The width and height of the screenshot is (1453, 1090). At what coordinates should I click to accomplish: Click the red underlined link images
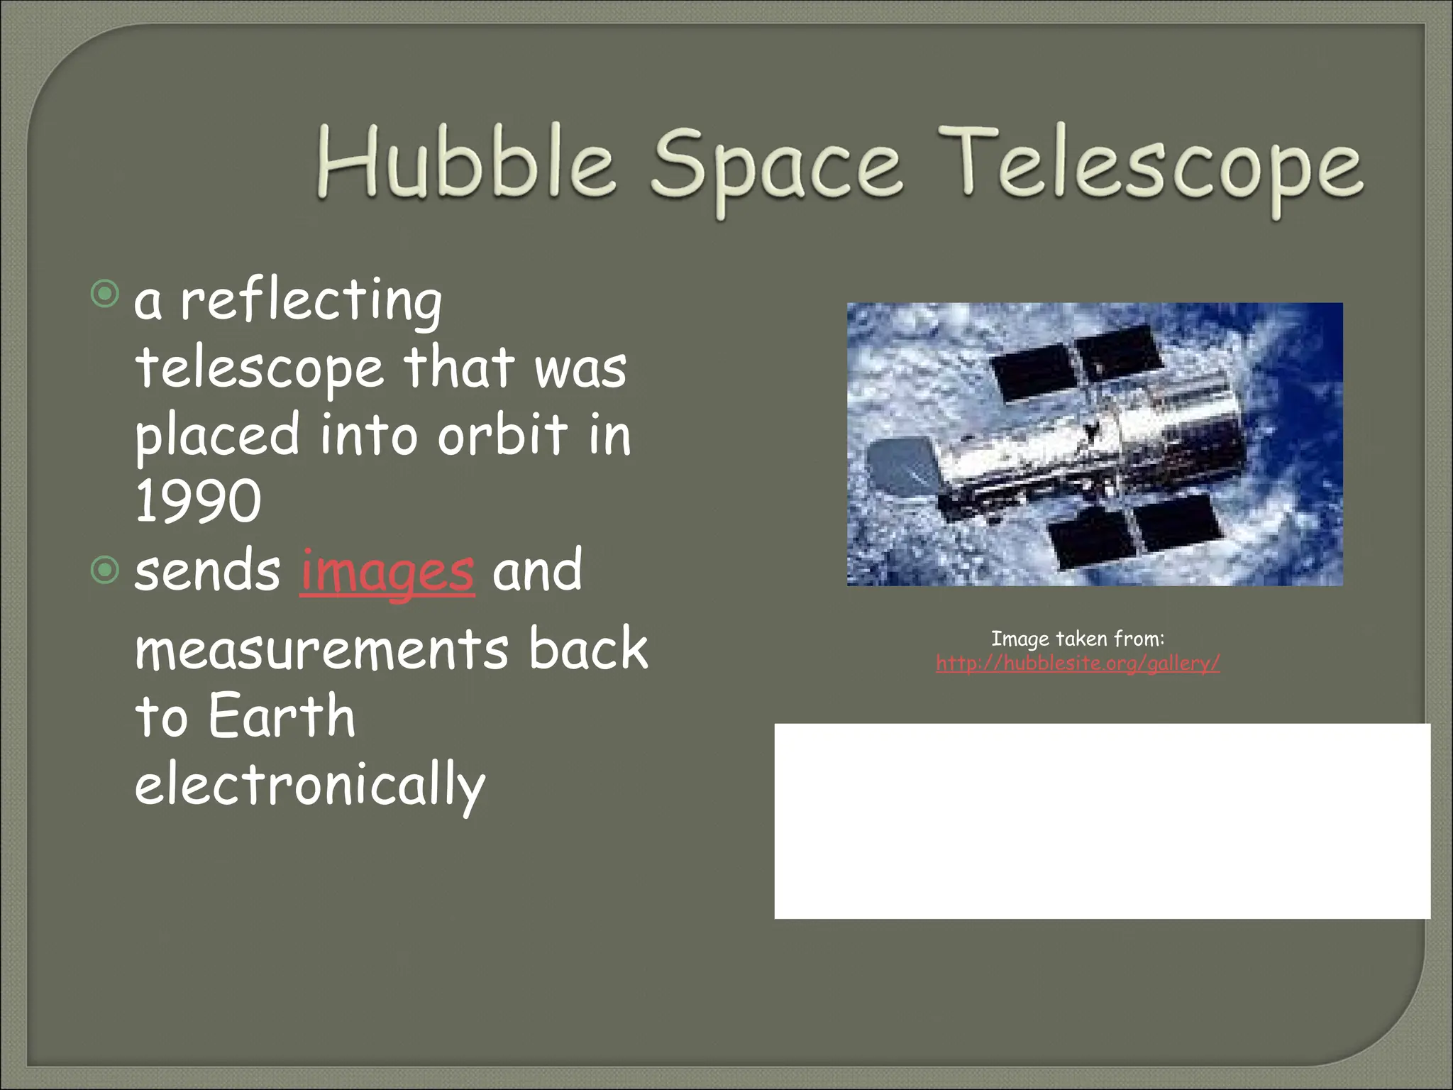(x=387, y=572)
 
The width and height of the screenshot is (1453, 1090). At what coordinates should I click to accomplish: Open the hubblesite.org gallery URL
(x=1078, y=664)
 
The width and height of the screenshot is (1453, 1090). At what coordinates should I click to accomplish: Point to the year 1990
(x=198, y=501)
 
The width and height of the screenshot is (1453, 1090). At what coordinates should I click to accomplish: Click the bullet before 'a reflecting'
(x=105, y=294)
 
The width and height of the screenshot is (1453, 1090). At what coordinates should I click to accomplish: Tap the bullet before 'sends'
(x=105, y=570)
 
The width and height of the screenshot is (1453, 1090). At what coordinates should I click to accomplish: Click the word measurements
(x=321, y=649)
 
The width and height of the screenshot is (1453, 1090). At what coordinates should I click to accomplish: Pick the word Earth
(x=281, y=717)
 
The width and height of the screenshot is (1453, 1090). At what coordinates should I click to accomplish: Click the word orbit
(x=502, y=434)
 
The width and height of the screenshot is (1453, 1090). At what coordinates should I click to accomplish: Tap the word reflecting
(x=311, y=301)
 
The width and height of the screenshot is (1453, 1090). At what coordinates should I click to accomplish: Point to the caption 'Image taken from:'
(x=1078, y=639)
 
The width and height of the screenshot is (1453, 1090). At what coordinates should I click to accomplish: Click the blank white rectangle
(x=1102, y=821)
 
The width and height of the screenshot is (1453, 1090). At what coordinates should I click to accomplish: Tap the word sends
(x=207, y=572)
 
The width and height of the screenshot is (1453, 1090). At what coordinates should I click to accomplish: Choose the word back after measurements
(x=587, y=649)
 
